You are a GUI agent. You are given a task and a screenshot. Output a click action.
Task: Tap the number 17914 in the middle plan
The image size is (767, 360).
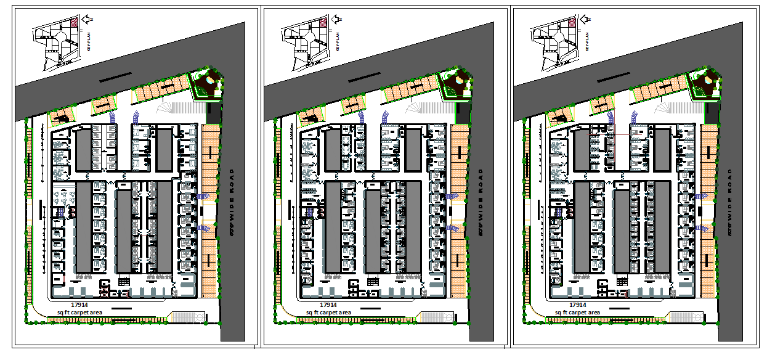329,305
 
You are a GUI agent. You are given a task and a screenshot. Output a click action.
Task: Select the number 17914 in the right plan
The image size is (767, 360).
578,305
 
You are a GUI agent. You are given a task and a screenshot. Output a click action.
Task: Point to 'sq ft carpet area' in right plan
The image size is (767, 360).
577,313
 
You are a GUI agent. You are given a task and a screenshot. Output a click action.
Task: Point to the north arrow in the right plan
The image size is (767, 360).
586,20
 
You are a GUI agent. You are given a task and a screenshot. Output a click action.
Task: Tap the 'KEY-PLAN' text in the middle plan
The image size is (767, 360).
338,42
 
